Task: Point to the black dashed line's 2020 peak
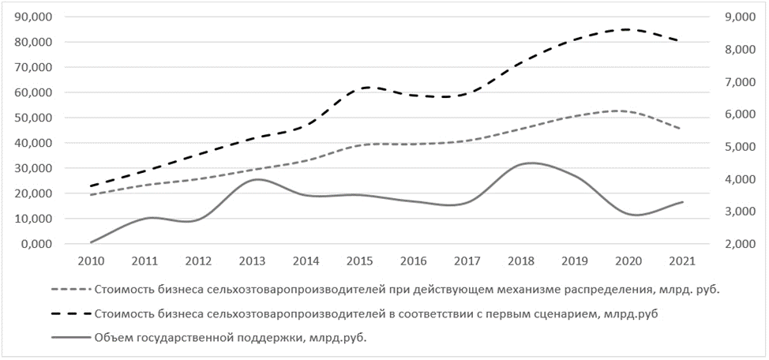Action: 626,29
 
